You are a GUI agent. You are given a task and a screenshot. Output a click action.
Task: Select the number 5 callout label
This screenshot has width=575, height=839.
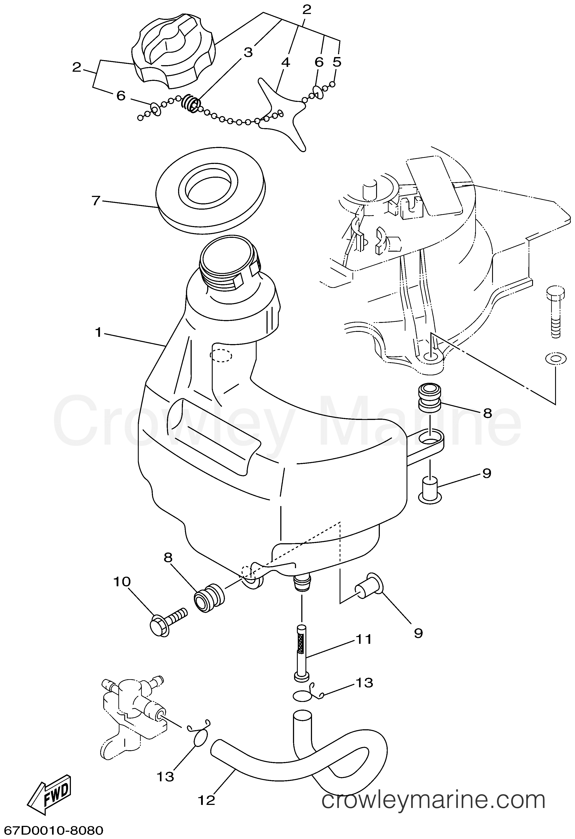pos(337,62)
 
